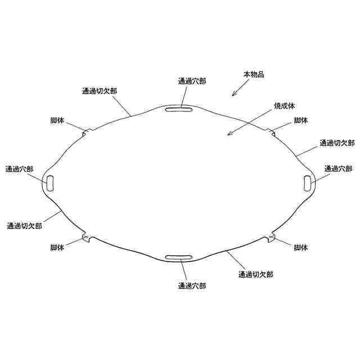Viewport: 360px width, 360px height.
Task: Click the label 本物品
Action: coord(253,74)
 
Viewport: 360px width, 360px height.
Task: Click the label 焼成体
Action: coord(284,105)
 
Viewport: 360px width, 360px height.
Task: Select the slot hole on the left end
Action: coord(50,182)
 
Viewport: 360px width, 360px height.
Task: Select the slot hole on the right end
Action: coord(307,182)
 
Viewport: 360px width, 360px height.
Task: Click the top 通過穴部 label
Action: coord(192,82)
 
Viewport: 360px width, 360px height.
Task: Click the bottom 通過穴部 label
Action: coord(192,286)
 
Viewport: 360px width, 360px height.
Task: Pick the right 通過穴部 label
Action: coord(339,169)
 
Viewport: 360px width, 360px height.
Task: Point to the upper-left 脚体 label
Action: coord(57,120)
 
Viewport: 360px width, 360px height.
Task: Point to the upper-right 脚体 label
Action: coord(301,120)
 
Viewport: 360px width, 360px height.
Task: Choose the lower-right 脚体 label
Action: coord(301,247)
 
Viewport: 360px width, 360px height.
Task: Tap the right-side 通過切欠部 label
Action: coord(337,143)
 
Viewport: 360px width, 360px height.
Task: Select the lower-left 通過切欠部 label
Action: coord(25,226)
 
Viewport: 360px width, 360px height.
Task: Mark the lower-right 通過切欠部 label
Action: coord(256,274)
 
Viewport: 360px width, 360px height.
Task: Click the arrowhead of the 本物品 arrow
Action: coord(232,95)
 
